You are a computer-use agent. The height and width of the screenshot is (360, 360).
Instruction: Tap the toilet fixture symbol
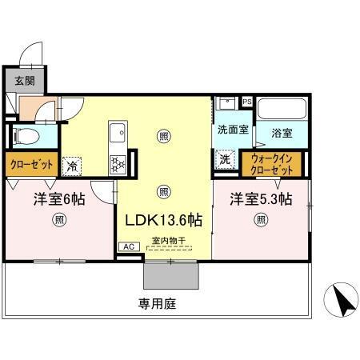[23, 134]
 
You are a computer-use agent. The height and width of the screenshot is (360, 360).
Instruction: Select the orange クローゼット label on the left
[31, 164]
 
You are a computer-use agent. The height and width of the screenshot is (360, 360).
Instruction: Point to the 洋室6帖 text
[58, 198]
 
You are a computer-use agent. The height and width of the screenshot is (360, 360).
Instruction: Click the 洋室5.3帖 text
[261, 198]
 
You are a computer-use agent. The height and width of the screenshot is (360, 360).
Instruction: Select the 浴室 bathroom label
[282, 132]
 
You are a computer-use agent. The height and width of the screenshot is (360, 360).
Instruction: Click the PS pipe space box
[247, 102]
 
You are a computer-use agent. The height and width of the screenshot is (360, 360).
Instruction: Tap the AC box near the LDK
[127, 247]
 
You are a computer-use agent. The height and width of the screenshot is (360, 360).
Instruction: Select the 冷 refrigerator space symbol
[72, 165]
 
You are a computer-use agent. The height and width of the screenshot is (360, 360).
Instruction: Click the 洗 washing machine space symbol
[226, 159]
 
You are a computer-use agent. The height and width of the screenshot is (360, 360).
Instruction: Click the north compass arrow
[342, 302]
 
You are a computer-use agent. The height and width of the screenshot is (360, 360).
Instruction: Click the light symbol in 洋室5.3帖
[261, 221]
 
